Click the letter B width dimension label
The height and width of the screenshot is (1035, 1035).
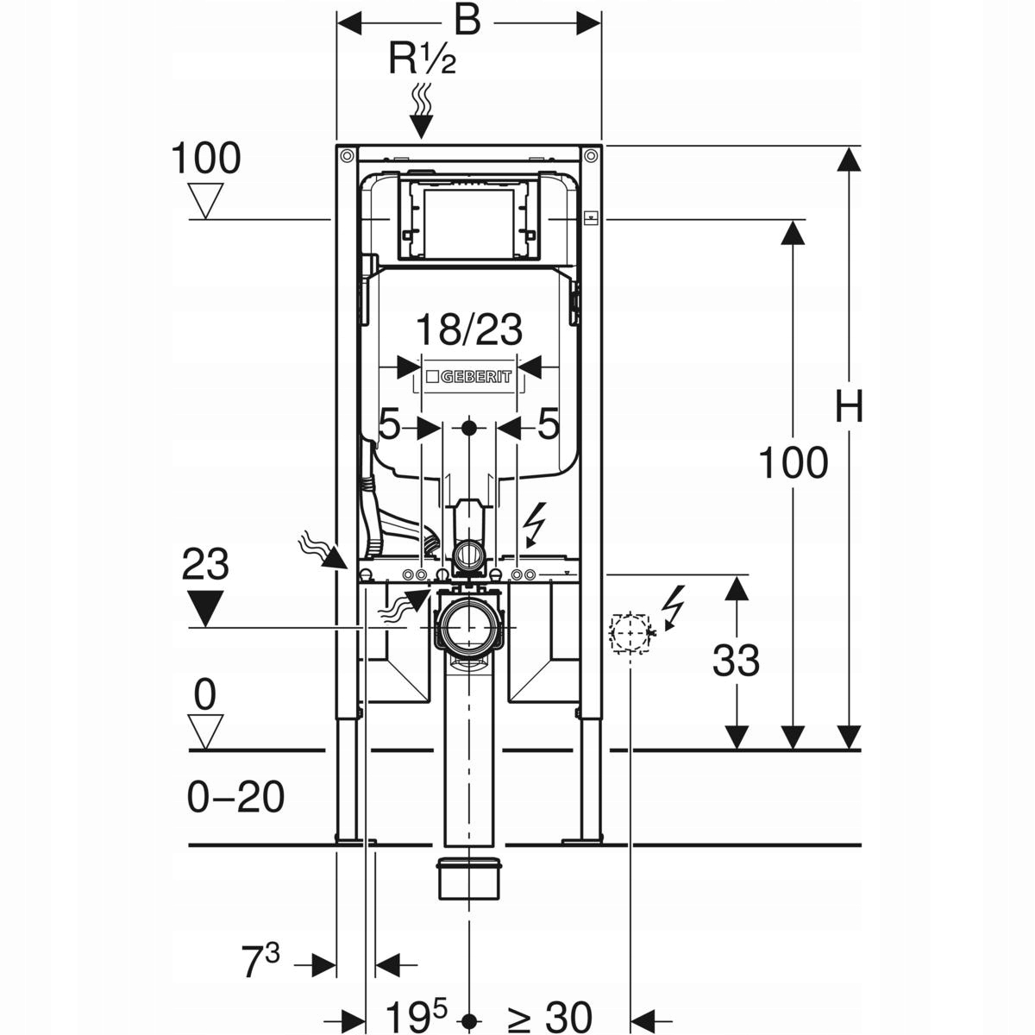[467, 20]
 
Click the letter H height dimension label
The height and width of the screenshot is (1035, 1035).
[849, 406]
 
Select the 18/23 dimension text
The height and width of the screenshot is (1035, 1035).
[469, 329]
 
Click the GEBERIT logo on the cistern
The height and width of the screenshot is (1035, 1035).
[468, 376]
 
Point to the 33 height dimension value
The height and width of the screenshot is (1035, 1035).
[736, 662]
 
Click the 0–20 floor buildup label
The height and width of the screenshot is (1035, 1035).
[235, 797]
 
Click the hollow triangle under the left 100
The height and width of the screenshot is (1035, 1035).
[205, 202]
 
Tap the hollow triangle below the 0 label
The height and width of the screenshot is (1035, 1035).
[205, 731]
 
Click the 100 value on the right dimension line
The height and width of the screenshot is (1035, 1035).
[793, 463]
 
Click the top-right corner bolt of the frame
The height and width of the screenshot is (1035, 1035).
[590, 156]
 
